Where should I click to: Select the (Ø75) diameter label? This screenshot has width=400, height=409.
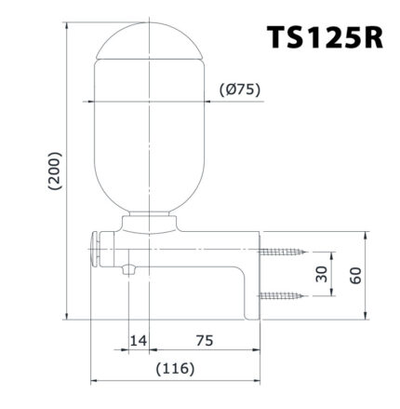[x=238, y=89]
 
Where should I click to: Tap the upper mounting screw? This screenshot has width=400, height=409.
[x=284, y=252]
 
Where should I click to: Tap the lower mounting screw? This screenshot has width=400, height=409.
[x=284, y=295]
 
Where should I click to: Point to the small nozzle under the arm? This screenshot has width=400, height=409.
[x=129, y=271]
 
